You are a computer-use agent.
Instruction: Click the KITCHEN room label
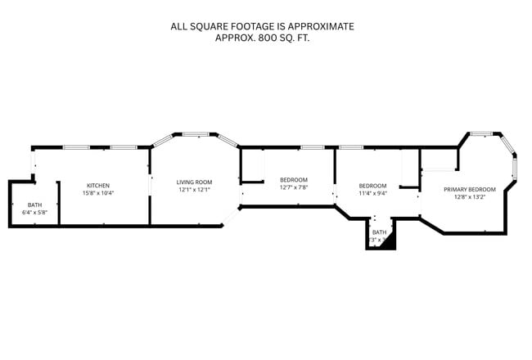[x=97, y=186]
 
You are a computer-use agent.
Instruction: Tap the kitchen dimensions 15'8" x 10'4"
[x=97, y=193]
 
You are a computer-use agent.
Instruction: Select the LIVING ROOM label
[x=195, y=182]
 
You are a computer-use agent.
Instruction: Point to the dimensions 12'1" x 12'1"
[x=195, y=190]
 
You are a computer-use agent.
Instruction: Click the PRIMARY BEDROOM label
[x=469, y=189]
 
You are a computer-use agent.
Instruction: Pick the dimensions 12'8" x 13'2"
[x=469, y=196]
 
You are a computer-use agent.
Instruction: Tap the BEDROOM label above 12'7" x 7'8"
[x=293, y=180]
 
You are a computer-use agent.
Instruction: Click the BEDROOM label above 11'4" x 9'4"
[x=372, y=186]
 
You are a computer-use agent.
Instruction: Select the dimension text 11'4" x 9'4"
[x=372, y=193]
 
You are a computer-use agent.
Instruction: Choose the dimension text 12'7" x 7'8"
[x=293, y=187]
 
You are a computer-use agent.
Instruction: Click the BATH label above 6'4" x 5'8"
[x=34, y=205]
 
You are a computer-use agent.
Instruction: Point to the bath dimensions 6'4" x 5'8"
[x=34, y=213]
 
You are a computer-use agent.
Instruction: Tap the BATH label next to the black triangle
[x=379, y=232]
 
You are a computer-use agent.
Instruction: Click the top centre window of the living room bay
[x=195, y=133]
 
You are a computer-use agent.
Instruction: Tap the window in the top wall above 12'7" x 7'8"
[x=312, y=147]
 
